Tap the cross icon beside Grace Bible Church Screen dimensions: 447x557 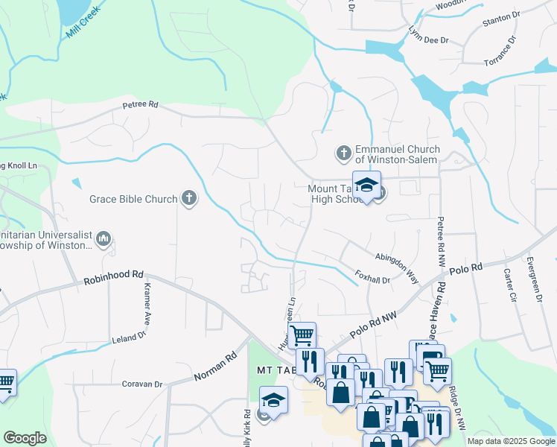190,198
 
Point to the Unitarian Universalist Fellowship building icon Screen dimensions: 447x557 104,239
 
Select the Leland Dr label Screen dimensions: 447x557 130,337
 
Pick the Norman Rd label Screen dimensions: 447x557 215,366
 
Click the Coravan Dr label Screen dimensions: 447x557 141,384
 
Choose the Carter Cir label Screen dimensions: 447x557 510,284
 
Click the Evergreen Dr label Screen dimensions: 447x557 533,279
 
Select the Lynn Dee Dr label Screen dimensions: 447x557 429,34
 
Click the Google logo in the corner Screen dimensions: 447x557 25,438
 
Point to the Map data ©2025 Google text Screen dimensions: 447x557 510,441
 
